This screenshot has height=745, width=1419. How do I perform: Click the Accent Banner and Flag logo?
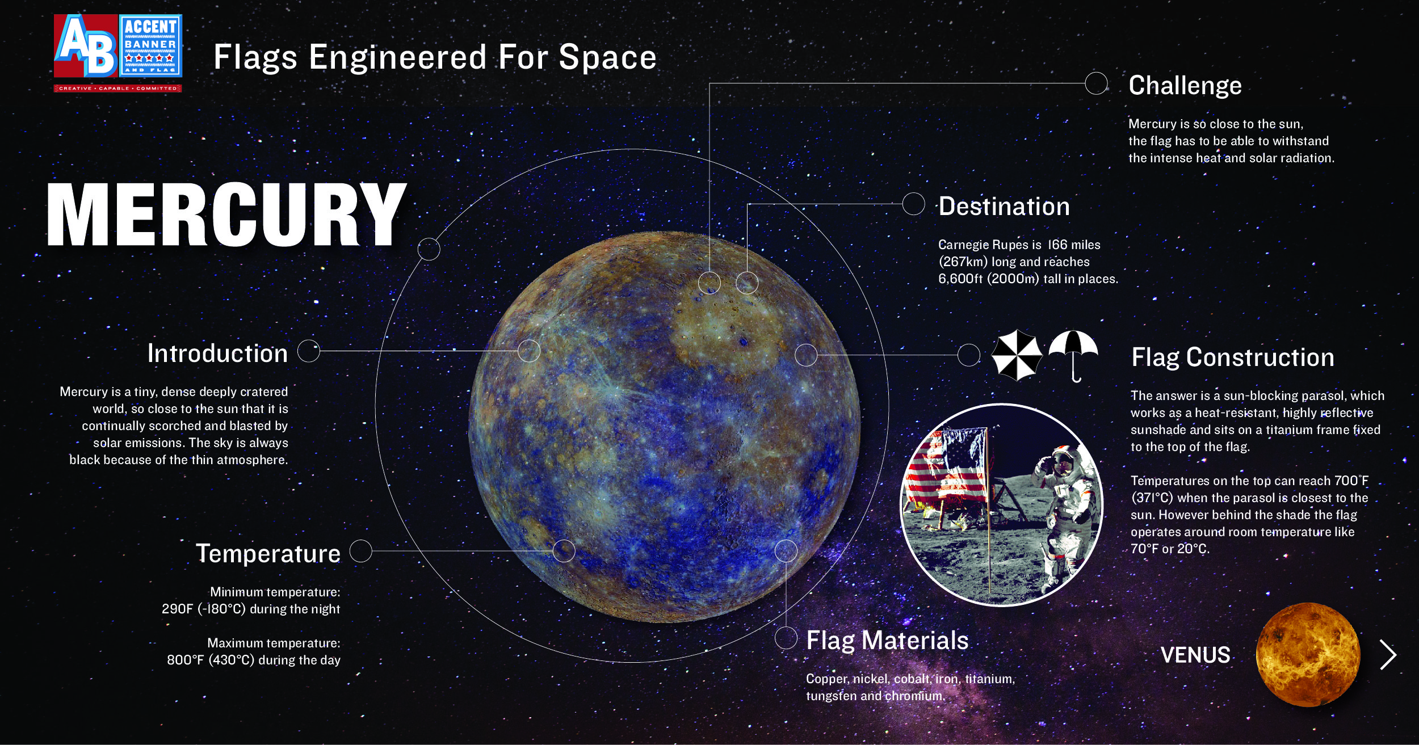tap(118, 52)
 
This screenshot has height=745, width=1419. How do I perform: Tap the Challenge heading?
tap(1185, 86)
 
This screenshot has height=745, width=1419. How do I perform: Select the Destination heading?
tap(1004, 207)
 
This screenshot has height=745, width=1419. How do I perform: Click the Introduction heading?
tap(217, 353)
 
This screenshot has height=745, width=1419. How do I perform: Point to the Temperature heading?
tap(268, 553)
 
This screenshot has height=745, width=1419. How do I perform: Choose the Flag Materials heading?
tap(887, 641)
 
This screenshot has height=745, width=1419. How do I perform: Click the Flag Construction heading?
tap(1232, 357)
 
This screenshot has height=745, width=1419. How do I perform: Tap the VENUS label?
tap(1195, 655)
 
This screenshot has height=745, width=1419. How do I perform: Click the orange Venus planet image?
tap(1308, 654)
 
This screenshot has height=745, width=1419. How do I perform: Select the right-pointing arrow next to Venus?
tap(1388, 655)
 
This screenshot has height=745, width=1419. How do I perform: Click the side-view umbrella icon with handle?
tap(1073, 355)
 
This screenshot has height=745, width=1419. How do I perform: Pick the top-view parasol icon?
tap(1016, 355)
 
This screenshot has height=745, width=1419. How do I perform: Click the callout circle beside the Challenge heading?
tap(1096, 83)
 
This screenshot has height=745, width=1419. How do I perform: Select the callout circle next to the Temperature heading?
tap(360, 551)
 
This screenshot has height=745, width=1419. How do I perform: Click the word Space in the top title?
tap(607, 57)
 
